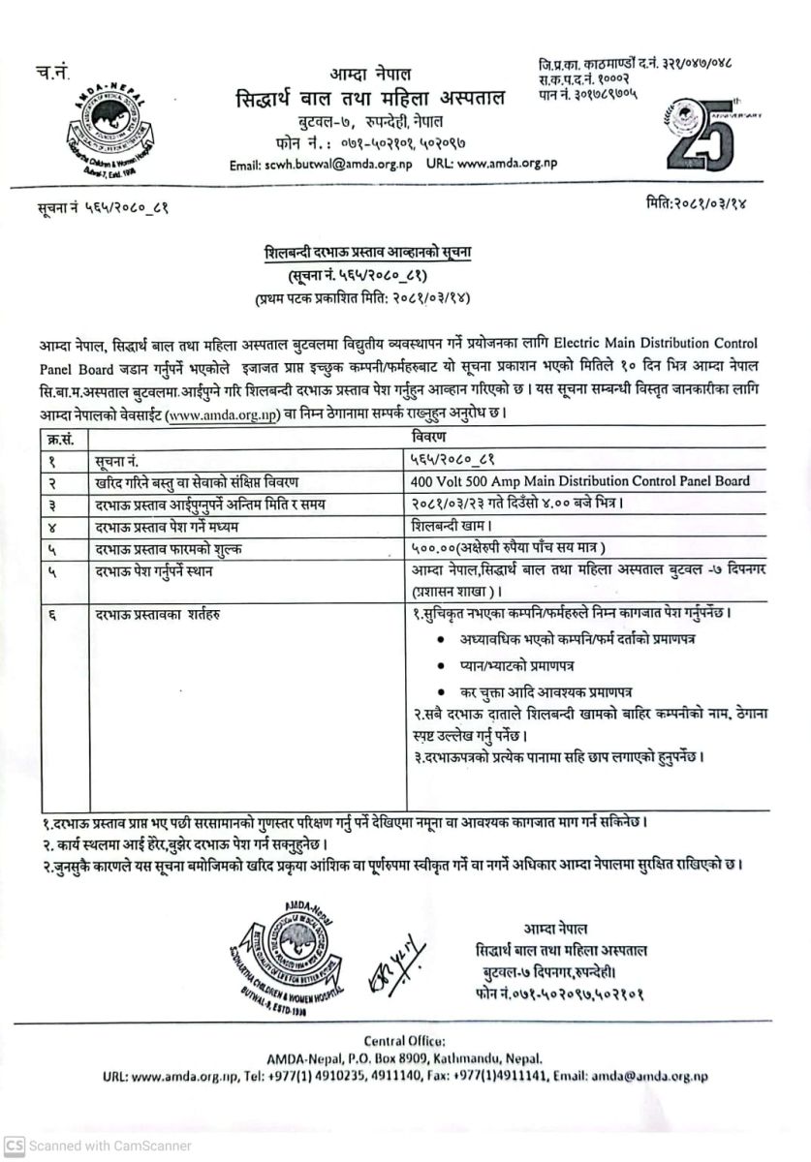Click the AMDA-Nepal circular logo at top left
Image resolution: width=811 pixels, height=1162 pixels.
pos(92,123)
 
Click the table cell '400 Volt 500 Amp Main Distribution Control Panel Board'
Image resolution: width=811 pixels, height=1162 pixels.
pos(579,481)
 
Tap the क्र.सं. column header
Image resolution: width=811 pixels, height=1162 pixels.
pos(61,439)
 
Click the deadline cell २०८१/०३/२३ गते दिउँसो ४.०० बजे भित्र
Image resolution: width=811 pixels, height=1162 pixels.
pos(512,504)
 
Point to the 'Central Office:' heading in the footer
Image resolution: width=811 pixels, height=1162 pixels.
pos(405,1040)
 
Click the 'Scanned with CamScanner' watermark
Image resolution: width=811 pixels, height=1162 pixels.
pos(97,1146)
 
